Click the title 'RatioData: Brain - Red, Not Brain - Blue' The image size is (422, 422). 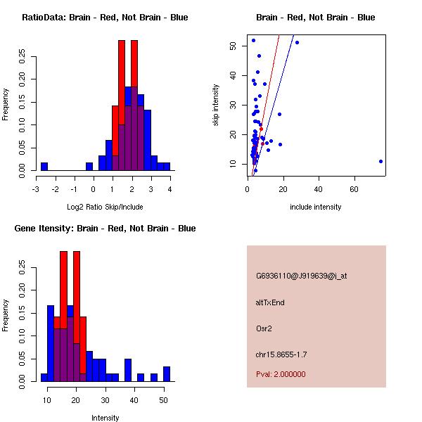(x=105, y=17)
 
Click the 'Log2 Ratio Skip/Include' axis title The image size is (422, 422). (x=105, y=207)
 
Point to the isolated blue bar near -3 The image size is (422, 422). (x=44, y=166)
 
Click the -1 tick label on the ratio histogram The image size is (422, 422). (x=74, y=189)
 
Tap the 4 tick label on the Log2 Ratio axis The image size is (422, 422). (x=170, y=189)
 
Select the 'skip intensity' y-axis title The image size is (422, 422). (x=216, y=105)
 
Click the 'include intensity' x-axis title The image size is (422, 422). (x=315, y=207)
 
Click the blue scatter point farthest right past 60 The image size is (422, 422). (x=381, y=161)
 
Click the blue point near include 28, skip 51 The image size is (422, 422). (x=297, y=43)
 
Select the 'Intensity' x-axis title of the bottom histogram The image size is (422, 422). (x=105, y=418)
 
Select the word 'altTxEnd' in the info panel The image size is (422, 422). (x=270, y=302)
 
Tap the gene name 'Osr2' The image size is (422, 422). (x=264, y=328)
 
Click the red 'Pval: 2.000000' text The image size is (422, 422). (x=281, y=374)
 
